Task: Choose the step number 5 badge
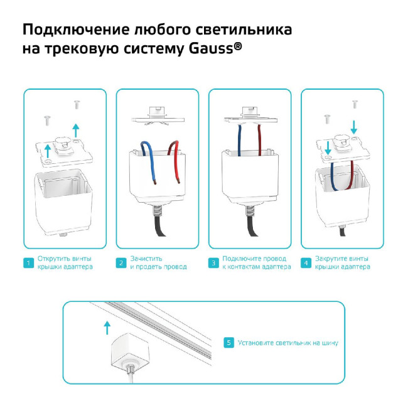click(x=229, y=343)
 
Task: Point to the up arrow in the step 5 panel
click(x=107, y=326)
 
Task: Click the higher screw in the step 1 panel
click(x=77, y=103)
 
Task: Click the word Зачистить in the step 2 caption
click(x=146, y=259)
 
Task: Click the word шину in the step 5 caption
click(x=330, y=343)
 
